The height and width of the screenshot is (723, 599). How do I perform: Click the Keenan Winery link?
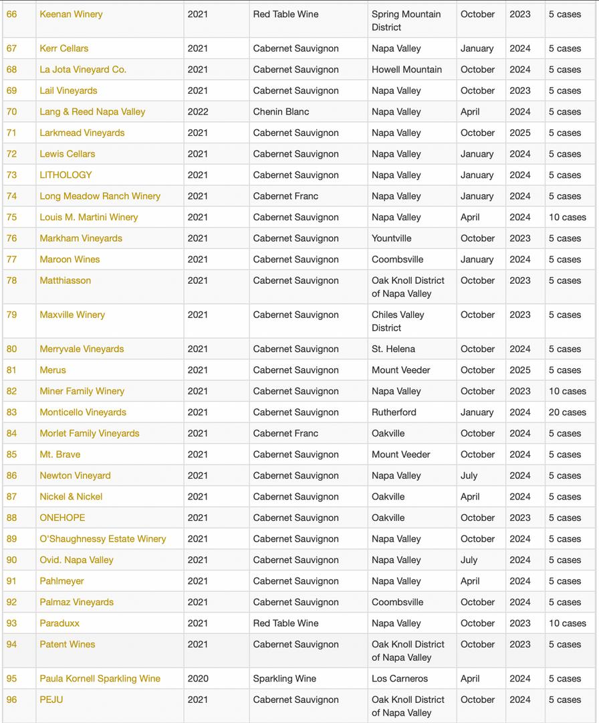[x=71, y=14]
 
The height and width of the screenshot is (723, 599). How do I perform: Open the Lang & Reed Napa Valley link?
[x=92, y=112]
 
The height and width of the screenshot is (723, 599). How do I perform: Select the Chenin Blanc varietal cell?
[x=281, y=112]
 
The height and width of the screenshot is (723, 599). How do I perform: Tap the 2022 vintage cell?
[x=198, y=112]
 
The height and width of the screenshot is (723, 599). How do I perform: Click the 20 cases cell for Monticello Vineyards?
[x=567, y=412]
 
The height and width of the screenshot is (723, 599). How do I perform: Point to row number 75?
[x=12, y=217]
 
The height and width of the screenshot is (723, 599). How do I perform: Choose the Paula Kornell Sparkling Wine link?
[x=100, y=678]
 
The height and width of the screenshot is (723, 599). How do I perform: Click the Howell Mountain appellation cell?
[x=406, y=70]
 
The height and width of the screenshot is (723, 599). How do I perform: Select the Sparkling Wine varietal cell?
[x=284, y=678]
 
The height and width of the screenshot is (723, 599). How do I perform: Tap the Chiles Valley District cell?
[x=398, y=321]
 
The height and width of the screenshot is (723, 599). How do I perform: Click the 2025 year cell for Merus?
[x=519, y=370]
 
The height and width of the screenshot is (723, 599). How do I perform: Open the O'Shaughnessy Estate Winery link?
[x=102, y=539]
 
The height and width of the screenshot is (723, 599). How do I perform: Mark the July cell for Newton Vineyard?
[x=469, y=475]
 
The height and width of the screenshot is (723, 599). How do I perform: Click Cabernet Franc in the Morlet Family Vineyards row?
[x=285, y=433]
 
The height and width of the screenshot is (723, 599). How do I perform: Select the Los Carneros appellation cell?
[x=400, y=678]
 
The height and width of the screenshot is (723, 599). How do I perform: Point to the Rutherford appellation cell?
[x=394, y=412]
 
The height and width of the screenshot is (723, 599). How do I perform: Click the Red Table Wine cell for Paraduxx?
[x=285, y=623]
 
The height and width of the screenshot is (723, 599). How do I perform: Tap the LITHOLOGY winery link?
[x=66, y=175]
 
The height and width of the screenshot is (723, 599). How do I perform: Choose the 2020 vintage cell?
[x=198, y=678]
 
